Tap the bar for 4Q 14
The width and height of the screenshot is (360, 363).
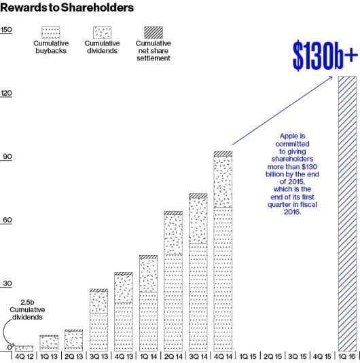click(223, 250)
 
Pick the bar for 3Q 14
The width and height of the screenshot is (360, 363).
click(198, 271)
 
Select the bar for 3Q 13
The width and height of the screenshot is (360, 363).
click(98, 319)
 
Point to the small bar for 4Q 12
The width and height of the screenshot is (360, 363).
click(24, 348)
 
